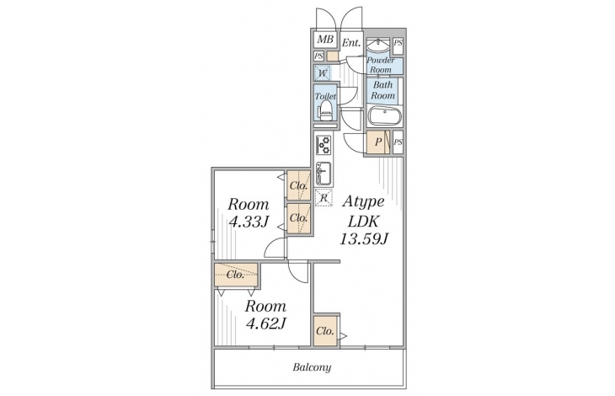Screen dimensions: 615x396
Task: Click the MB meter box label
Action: click(x=325, y=40)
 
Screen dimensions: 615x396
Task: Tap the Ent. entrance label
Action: click(x=351, y=43)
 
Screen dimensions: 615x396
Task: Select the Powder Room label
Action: click(x=381, y=65)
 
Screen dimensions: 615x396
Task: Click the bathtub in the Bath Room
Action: click(x=385, y=115)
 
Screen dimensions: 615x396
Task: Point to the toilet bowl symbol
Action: click(x=325, y=110)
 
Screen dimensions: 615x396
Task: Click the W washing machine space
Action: click(x=323, y=73)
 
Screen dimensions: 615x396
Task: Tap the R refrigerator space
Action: click(x=324, y=197)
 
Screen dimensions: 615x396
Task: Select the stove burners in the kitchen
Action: click(x=324, y=145)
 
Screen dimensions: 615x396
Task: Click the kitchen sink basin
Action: click(x=324, y=174)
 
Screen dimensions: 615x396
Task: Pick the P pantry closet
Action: click(x=378, y=142)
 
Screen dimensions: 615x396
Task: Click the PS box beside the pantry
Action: click(x=398, y=142)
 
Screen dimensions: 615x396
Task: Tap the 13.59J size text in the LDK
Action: click(x=364, y=238)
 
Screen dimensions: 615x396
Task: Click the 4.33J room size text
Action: click(x=249, y=222)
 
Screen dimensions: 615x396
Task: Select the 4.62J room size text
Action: click(x=265, y=324)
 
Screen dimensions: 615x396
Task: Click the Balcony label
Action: click(x=313, y=367)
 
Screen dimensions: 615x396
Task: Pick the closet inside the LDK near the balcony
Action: click(x=325, y=330)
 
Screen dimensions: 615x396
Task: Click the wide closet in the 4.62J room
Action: click(x=236, y=275)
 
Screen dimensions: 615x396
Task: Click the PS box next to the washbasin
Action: click(x=398, y=43)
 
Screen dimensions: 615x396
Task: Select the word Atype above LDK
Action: click(x=363, y=202)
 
